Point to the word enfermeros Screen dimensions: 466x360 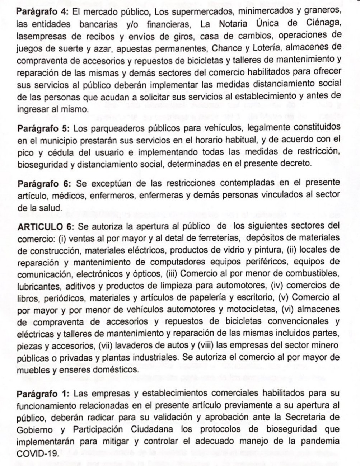pyautogui.click(x=117, y=196)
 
